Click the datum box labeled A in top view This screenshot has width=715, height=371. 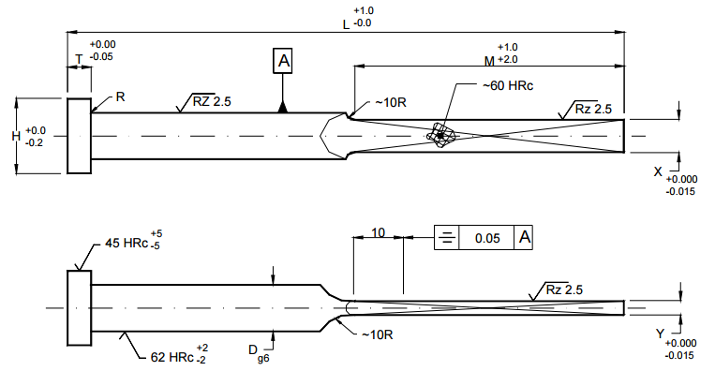click(x=283, y=61)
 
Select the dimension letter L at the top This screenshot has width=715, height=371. click(x=346, y=24)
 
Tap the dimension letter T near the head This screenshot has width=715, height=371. click(x=79, y=59)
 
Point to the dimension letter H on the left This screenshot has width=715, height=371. click(x=16, y=136)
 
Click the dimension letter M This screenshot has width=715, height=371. click(x=489, y=61)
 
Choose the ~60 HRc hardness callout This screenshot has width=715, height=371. click(x=508, y=85)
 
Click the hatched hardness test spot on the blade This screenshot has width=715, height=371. click(x=441, y=135)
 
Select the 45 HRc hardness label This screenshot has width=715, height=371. click(x=127, y=243)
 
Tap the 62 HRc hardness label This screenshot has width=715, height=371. click(x=171, y=357)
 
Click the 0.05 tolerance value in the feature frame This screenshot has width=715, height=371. click(x=487, y=238)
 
